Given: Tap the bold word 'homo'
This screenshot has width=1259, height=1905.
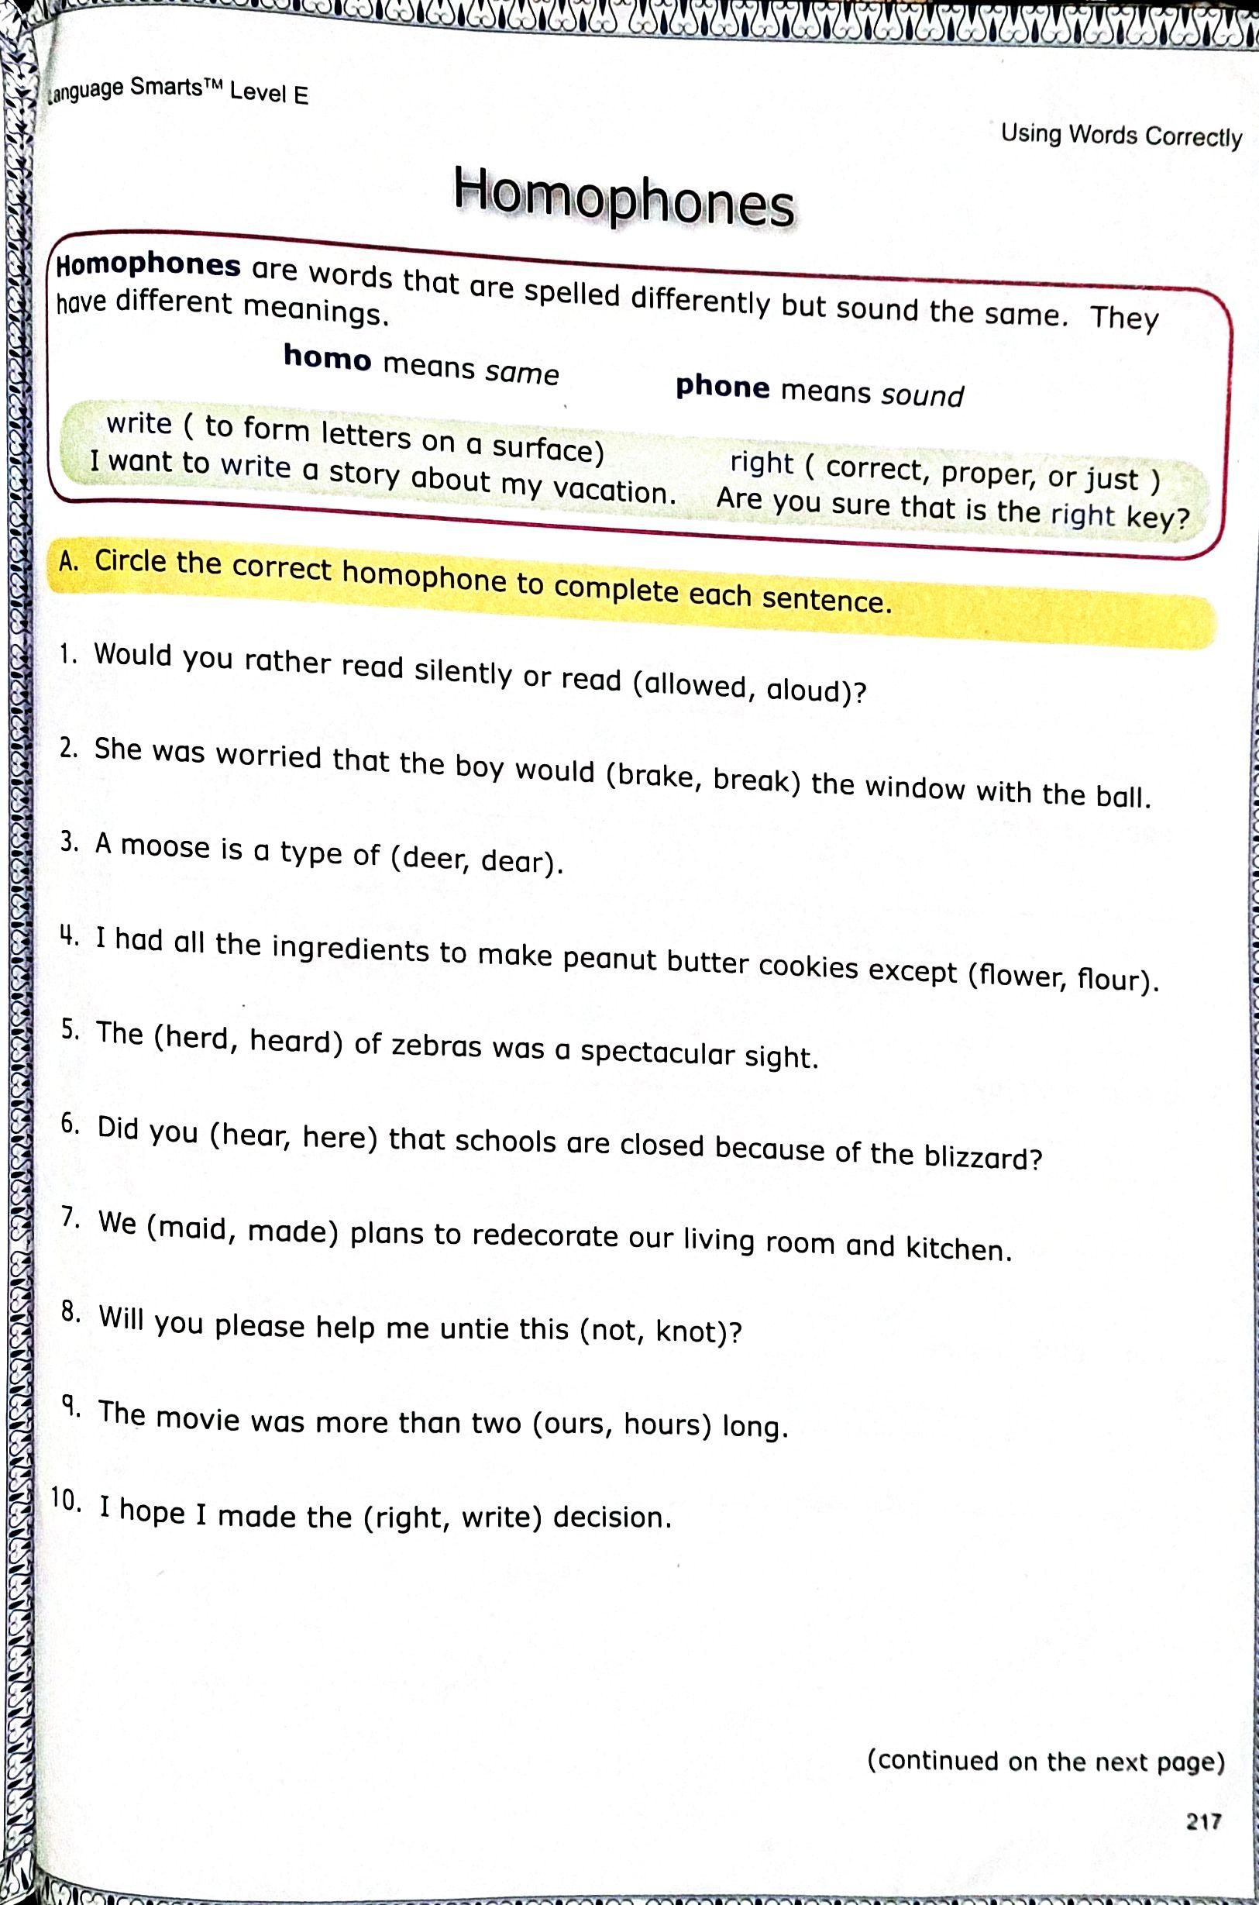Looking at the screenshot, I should (x=328, y=358).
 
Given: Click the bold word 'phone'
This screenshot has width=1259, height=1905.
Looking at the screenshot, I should (x=722, y=387).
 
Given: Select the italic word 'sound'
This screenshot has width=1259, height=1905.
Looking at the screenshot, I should (x=922, y=396).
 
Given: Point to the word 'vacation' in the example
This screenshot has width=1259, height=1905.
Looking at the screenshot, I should (x=614, y=489).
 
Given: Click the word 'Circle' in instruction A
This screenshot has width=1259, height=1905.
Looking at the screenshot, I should (x=132, y=561).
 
